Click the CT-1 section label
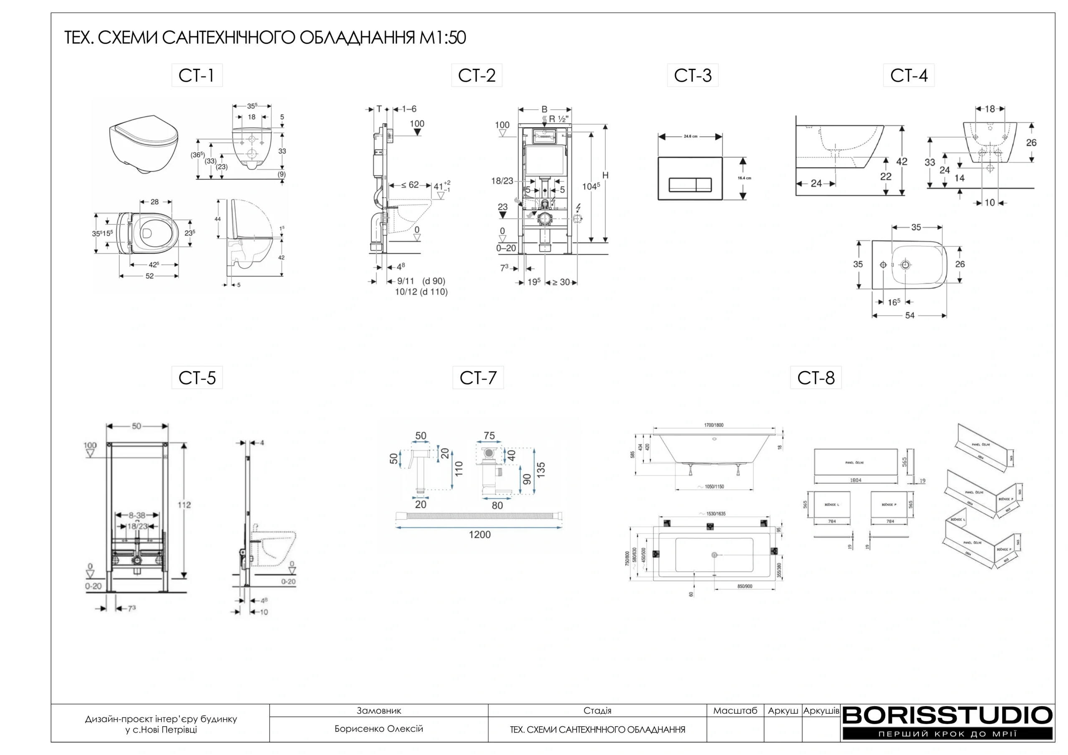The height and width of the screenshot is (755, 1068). pos(197,75)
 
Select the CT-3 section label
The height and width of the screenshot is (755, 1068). pos(693,75)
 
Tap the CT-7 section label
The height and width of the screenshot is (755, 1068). pos(478,378)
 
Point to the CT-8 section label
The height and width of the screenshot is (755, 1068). pos(816,378)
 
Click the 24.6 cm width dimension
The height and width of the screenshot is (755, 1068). pos(690,136)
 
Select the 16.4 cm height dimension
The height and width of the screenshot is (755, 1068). pos(744,178)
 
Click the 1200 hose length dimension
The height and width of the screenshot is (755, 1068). pos(480,534)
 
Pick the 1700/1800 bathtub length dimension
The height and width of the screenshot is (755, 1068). pos(713,425)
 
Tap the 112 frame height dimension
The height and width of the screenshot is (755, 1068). pos(184,505)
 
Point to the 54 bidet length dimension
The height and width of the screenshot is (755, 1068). pos(909,315)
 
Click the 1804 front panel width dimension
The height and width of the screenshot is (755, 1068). pos(855,480)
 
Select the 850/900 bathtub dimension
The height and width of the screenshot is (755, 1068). pos(745,586)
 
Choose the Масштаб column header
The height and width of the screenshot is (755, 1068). pos(735,711)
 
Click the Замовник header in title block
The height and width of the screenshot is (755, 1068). pos(379,711)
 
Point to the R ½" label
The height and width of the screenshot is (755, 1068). pos(559,119)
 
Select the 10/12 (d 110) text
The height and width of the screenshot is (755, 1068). pos(421,292)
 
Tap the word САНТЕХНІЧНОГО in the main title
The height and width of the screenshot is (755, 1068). pos(228,38)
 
